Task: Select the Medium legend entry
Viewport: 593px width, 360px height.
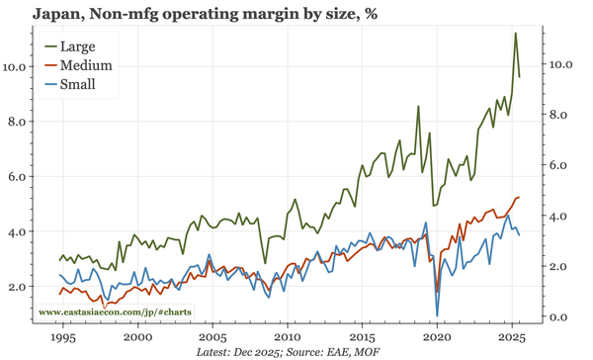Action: coord(85,65)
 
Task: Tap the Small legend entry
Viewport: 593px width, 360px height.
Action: coord(77,84)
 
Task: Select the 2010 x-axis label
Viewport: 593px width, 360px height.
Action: coord(288,336)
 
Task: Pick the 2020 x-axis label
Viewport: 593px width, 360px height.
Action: coord(437,336)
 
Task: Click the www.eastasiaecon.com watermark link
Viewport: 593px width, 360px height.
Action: coord(115,313)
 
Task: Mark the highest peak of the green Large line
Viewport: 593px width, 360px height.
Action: coord(515,34)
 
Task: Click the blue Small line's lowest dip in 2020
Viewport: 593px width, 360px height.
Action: coord(437,315)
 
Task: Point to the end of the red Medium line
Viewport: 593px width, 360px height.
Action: coord(520,198)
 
